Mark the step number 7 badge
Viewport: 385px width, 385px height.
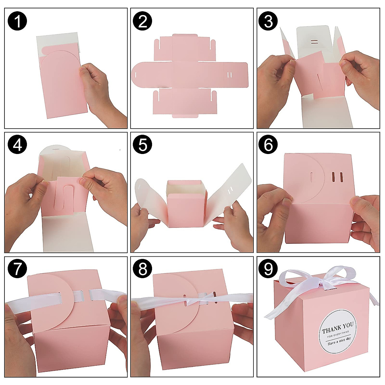point(18,269)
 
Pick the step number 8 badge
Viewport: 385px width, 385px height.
point(143,269)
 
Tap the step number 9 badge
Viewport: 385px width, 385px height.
point(268,269)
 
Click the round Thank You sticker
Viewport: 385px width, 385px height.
point(337,332)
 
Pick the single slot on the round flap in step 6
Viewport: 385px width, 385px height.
point(312,177)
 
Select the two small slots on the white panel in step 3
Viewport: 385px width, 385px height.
point(314,42)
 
